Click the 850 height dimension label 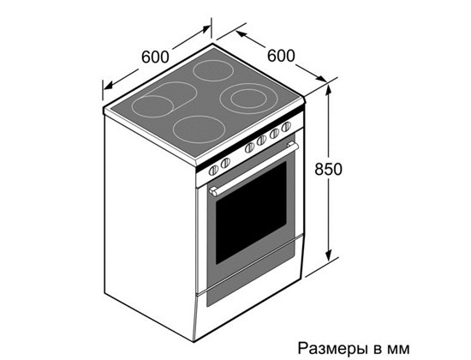tap(328, 169)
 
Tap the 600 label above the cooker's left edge tap(155, 57)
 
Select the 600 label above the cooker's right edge tap(281, 56)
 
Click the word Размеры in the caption tap(333, 349)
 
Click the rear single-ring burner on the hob tap(213, 70)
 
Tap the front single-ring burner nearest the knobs tap(199, 129)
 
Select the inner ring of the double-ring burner tap(248, 98)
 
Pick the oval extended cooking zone tap(164, 99)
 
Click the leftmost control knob tap(213, 171)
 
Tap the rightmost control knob tap(286, 126)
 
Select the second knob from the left tap(225, 163)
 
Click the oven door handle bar tap(254, 169)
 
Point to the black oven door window tap(251, 213)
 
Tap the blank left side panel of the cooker tap(150, 223)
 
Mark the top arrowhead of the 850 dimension tap(329, 90)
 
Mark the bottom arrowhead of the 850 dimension tap(329, 255)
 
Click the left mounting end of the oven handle tap(214, 191)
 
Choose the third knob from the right tap(262, 140)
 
